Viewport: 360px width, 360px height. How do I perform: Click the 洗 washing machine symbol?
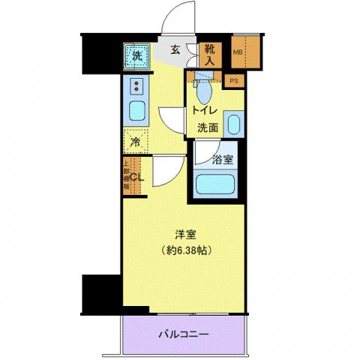pyautogui.click(x=137, y=55)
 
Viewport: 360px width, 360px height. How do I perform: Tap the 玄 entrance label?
pyautogui.click(x=174, y=50)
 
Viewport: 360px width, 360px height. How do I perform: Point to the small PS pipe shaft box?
pyautogui.click(x=235, y=79)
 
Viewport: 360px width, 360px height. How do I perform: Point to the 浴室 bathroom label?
pyautogui.click(x=222, y=159)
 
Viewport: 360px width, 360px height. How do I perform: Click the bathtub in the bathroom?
pyautogui.click(x=215, y=184)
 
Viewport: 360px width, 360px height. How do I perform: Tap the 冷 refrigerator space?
pyautogui.click(x=136, y=140)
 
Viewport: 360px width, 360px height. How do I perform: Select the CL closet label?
pyautogui.click(x=136, y=177)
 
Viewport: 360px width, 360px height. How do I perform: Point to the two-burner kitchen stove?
pyautogui.click(x=136, y=86)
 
